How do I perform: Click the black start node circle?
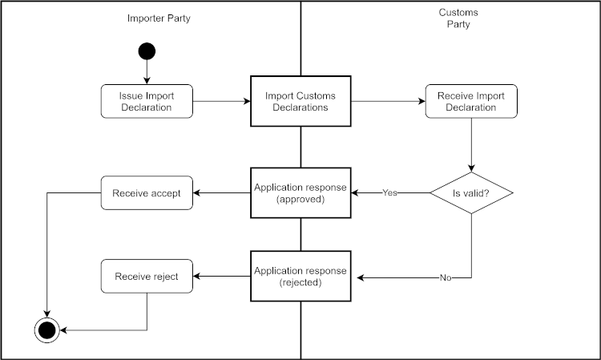pyautogui.click(x=147, y=51)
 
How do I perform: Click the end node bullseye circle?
pyautogui.click(x=46, y=329)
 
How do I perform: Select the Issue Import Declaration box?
pyautogui.click(x=147, y=101)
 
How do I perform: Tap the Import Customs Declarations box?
pyautogui.click(x=300, y=101)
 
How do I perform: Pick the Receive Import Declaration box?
pyautogui.click(x=471, y=101)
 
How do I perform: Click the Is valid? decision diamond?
pyautogui.click(x=471, y=192)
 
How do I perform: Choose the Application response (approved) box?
pyautogui.click(x=300, y=192)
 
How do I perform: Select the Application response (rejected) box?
pyautogui.click(x=300, y=277)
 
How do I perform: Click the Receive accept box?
pyautogui.click(x=147, y=192)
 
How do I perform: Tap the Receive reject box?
pyautogui.click(x=147, y=277)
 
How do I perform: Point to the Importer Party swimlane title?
pyautogui.click(x=159, y=18)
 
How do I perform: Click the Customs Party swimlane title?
pyautogui.click(x=458, y=18)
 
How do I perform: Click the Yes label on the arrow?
pyautogui.click(x=390, y=192)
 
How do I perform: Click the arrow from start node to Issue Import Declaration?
pyautogui.click(x=147, y=72)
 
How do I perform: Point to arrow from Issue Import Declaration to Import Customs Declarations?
pyautogui.click(x=222, y=101)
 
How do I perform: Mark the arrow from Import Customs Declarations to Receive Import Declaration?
pyautogui.click(x=388, y=101)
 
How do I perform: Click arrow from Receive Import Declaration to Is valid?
pyautogui.click(x=471, y=144)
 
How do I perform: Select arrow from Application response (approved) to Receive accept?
pyautogui.click(x=222, y=192)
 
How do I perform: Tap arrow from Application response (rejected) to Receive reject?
pyautogui.click(x=222, y=277)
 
